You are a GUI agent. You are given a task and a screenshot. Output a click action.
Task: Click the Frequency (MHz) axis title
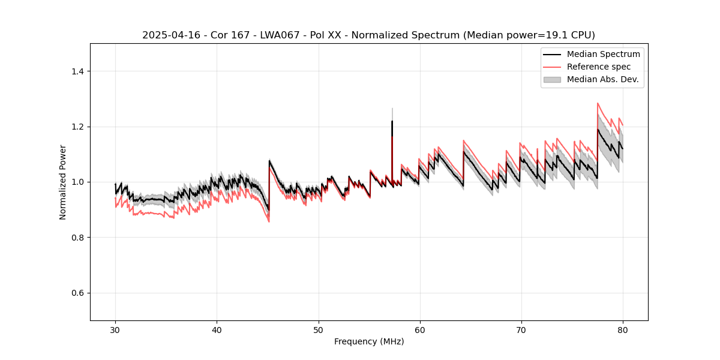pos(369,342)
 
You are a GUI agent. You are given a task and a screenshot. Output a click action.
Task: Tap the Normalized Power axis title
pos(63,182)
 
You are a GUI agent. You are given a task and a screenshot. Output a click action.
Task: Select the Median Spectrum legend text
pos(603,54)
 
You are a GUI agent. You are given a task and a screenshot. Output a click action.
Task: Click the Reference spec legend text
pos(599,67)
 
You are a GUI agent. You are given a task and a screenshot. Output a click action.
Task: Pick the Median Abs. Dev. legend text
pos(603,79)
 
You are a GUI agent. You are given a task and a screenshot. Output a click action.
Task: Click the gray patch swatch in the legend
pos(552,79)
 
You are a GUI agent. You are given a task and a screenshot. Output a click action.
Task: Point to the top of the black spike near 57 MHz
pos(392,121)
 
